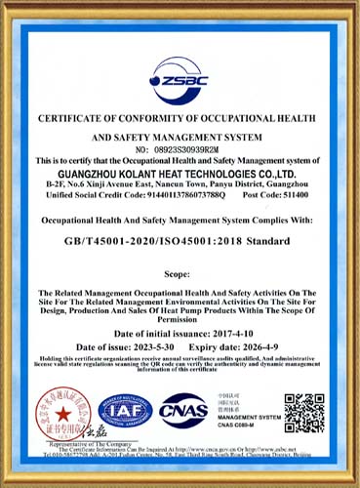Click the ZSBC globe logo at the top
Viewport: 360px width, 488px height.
(180, 73)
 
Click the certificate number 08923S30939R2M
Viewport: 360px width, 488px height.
(195, 149)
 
